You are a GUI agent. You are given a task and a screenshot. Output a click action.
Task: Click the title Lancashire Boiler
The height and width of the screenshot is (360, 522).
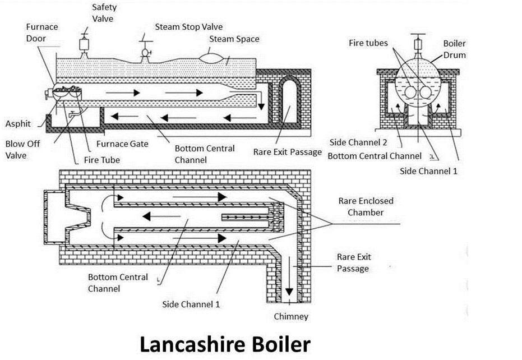click(x=224, y=343)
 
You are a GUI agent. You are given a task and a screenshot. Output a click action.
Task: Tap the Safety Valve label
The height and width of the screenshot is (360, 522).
click(x=103, y=13)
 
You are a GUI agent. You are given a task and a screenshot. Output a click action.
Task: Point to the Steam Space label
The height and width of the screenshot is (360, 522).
click(x=234, y=39)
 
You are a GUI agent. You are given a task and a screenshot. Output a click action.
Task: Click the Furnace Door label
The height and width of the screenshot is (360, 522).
click(x=41, y=33)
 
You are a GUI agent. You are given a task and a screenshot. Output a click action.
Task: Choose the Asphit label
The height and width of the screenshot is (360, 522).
click(x=18, y=124)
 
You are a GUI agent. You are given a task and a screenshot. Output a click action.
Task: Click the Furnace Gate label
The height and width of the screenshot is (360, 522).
click(x=122, y=144)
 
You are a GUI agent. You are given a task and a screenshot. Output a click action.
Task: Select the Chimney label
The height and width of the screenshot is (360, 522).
click(x=291, y=317)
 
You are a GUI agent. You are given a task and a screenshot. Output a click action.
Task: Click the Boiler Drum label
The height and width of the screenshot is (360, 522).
click(x=454, y=49)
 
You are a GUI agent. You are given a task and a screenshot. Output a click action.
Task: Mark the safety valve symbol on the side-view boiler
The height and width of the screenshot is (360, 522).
click(x=86, y=44)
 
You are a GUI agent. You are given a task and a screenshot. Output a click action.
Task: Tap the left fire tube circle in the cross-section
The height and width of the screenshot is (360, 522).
click(x=411, y=91)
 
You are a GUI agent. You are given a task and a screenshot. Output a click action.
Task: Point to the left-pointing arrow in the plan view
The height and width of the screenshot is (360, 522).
click(x=152, y=215)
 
